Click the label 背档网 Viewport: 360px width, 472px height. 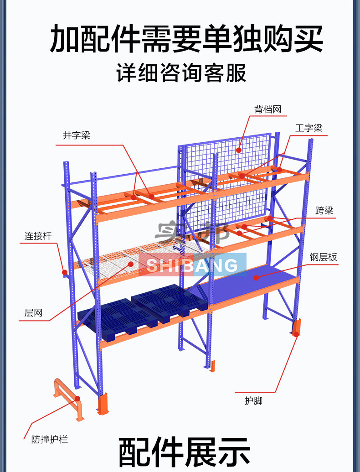[267, 109]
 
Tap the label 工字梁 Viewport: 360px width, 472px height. [309, 128]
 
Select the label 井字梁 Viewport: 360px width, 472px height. [77, 135]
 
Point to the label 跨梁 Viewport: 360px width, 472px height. [324, 210]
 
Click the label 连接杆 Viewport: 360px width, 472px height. [38, 236]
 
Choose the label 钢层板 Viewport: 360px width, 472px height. [323, 257]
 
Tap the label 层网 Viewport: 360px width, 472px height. [33, 313]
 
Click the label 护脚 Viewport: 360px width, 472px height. [253, 401]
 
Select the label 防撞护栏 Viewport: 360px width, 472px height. [50, 440]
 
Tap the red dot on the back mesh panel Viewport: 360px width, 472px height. [239, 150]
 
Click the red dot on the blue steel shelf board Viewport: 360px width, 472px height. [256, 278]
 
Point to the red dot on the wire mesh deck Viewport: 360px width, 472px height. [131, 264]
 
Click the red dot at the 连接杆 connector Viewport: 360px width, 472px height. [65, 272]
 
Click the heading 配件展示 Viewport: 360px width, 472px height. [184, 452]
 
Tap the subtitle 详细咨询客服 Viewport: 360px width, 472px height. [181, 73]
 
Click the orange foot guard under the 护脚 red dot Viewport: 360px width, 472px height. [296, 327]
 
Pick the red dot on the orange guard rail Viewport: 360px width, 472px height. [77, 399]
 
